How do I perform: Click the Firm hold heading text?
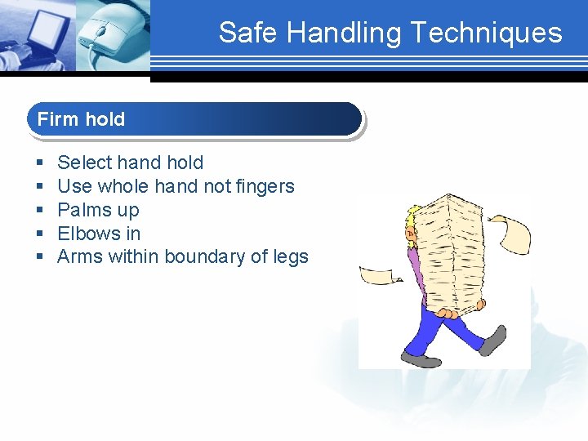[x=81, y=119]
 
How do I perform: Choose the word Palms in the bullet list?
[x=84, y=210]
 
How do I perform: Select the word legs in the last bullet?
[x=291, y=257]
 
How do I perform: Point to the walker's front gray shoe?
[x=421, y=359]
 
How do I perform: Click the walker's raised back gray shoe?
[x=492, y=340]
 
